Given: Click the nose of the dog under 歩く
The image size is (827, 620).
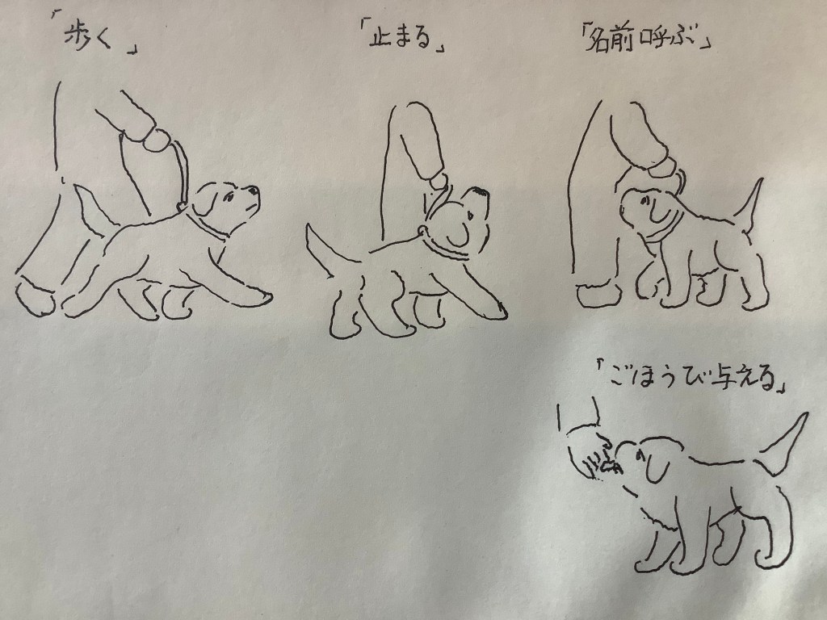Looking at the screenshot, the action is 254,190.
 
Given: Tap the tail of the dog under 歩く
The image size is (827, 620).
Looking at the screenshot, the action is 92,209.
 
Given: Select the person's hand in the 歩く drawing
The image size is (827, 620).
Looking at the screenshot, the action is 156,139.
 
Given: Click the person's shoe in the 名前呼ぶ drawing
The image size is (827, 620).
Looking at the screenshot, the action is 599,295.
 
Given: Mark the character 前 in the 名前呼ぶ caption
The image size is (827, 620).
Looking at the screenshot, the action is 623,42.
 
